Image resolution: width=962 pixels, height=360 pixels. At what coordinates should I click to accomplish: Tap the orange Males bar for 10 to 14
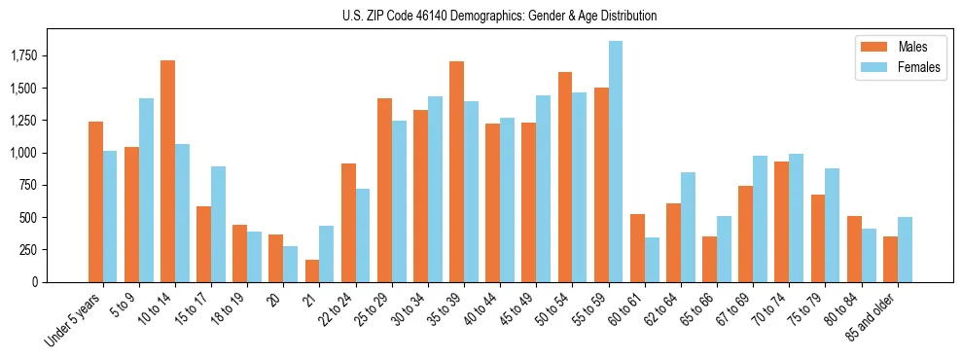[x=167, y=171]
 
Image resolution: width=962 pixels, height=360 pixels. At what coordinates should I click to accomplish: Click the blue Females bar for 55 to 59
[x=616, y=162]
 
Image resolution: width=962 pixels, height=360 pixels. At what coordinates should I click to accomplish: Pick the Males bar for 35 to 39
[x=456, y=171]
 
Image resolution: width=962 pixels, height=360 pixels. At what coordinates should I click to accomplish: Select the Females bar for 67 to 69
[x=760, y=219]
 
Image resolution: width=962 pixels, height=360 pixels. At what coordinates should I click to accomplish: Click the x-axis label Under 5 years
[x=74, y=321]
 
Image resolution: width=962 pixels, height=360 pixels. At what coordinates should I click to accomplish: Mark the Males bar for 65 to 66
[x=710, y=259]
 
